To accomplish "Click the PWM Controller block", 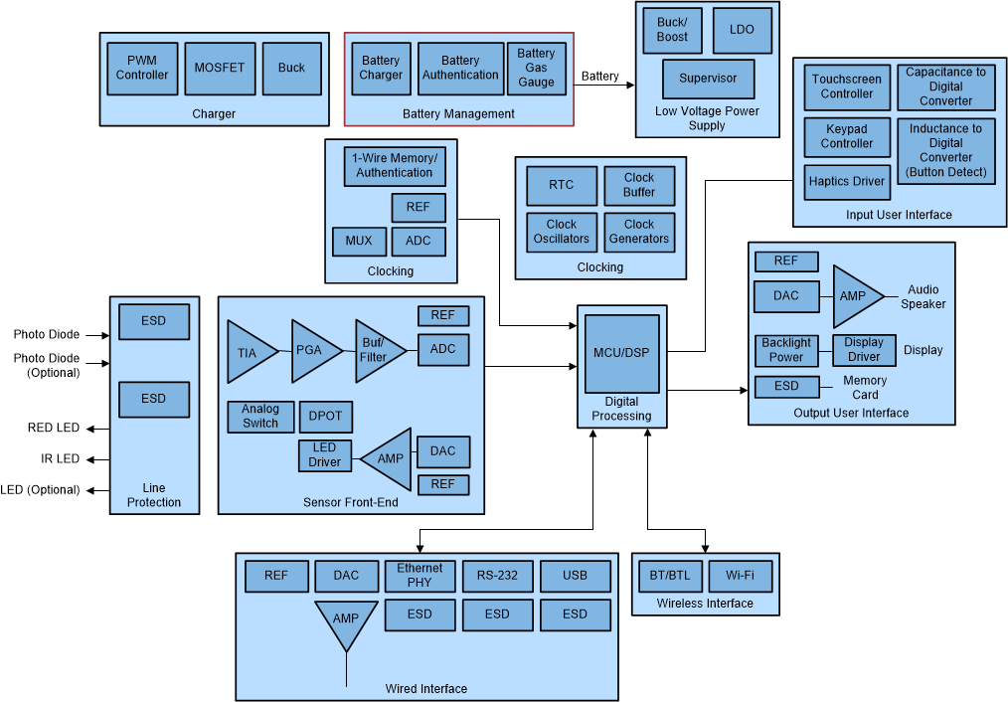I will click(x=142, y=69).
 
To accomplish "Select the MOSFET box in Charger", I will click(x=220, y=69).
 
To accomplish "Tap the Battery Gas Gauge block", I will click(x=536, y=69).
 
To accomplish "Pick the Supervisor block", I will click(x=708, y=79).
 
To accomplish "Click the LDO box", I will click(x=742, y=30).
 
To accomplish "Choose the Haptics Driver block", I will click(x=847, y=182).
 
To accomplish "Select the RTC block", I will click(x=561, y=186).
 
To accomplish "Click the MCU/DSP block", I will click(x=621, y=354).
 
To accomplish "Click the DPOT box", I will click(x=325, y=417).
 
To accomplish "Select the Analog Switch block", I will click(x=260, y=417).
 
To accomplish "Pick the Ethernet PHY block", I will click(x=420, y=576).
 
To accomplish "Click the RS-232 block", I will click(x=497, y=576).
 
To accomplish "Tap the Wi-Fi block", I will click(x=740, y=576).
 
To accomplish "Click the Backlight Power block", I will click(x=785, y=350).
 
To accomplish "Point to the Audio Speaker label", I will click(x=923, y=297).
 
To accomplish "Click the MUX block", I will click(x=358, y=242).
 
